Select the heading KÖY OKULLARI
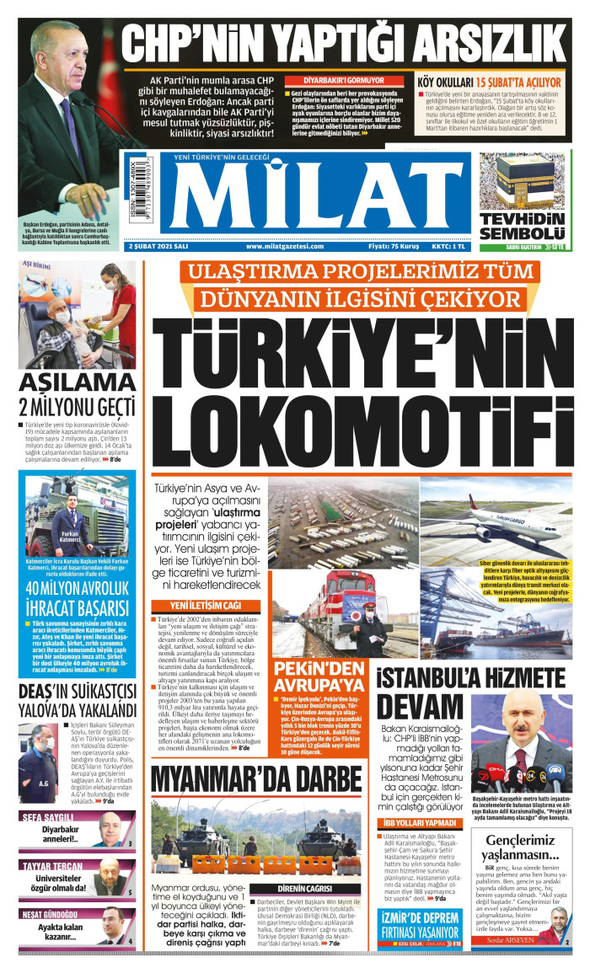(446, 82)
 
